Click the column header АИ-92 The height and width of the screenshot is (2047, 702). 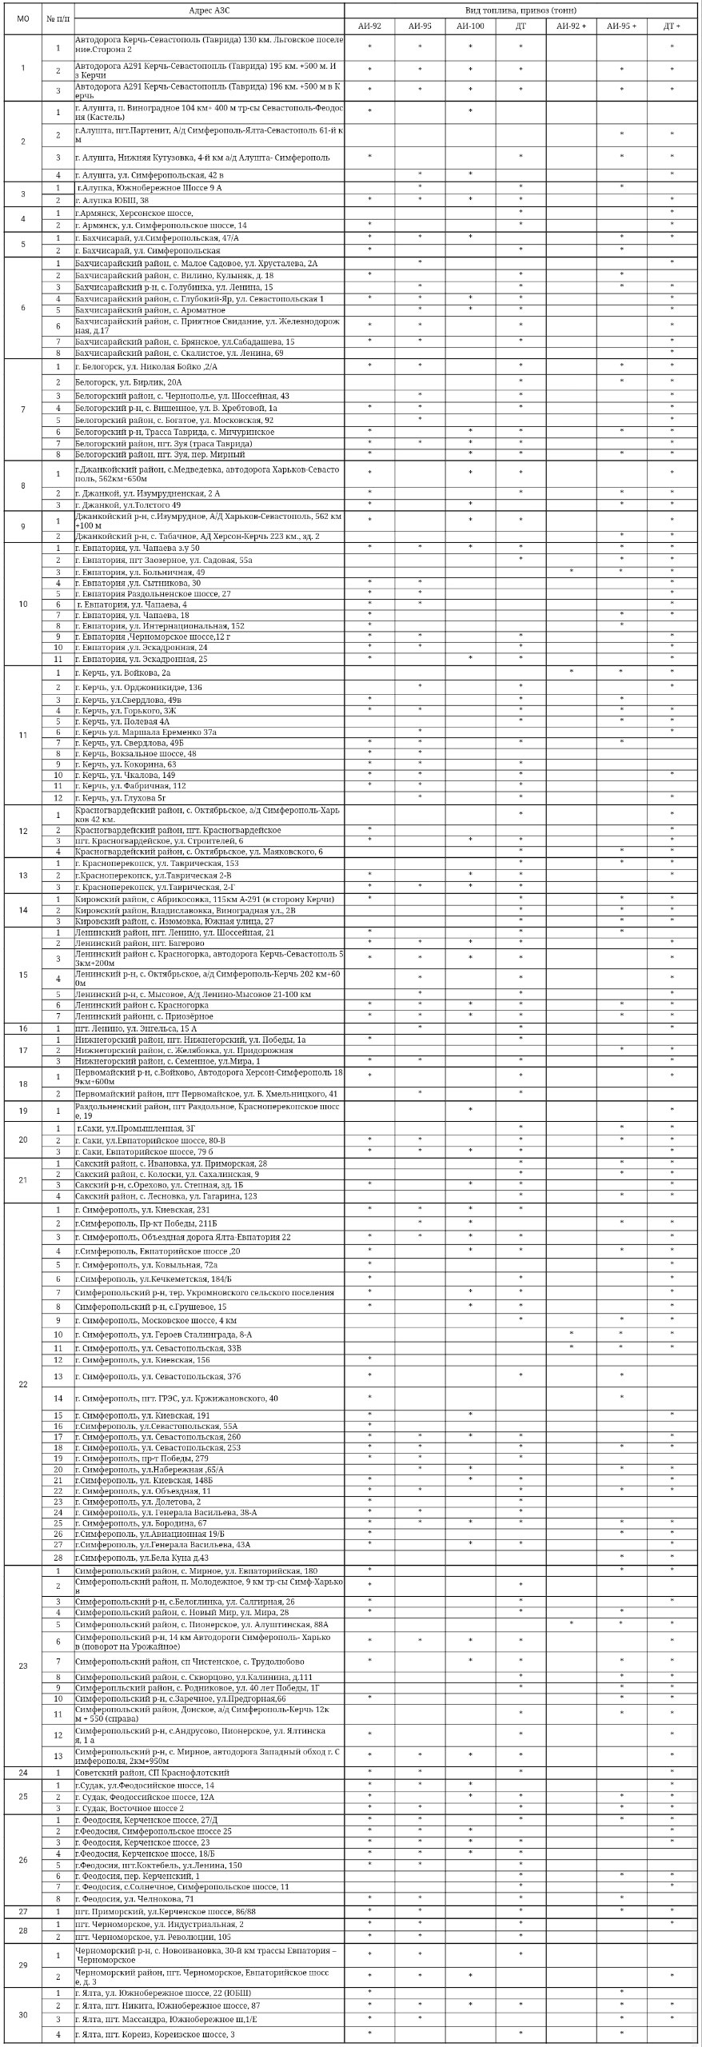[369, 26]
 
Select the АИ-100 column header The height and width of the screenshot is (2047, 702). [470, 26]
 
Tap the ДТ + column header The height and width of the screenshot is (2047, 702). [672, 26]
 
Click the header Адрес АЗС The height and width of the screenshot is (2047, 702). [209, 10]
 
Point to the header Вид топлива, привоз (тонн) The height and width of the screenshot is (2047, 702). [521, 10]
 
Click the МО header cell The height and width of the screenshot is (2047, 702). [22, 18]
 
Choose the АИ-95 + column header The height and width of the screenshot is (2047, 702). [621, 26]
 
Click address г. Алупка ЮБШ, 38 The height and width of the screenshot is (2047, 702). [112, 200]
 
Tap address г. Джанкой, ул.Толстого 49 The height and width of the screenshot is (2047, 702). [128, 505]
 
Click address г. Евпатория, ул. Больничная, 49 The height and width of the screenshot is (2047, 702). [141, 573]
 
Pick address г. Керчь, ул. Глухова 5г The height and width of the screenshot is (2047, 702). [121, 796]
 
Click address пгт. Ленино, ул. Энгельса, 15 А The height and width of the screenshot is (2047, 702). [136, 1028]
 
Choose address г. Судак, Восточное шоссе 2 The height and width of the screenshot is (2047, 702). [130, 1808]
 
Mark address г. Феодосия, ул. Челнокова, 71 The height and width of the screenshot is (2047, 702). [135, 1898]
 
